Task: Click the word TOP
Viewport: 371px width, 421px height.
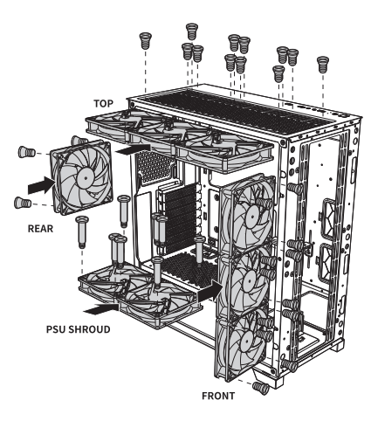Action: (x=104, y=102)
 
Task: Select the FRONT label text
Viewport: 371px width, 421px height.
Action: (x=219, y=394)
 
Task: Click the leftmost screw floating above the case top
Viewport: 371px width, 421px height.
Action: (x=146, y=38)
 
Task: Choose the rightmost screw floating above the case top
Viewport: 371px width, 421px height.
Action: (x=322, y=61)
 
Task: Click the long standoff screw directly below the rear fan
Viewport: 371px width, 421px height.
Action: (x=83, y=231)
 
